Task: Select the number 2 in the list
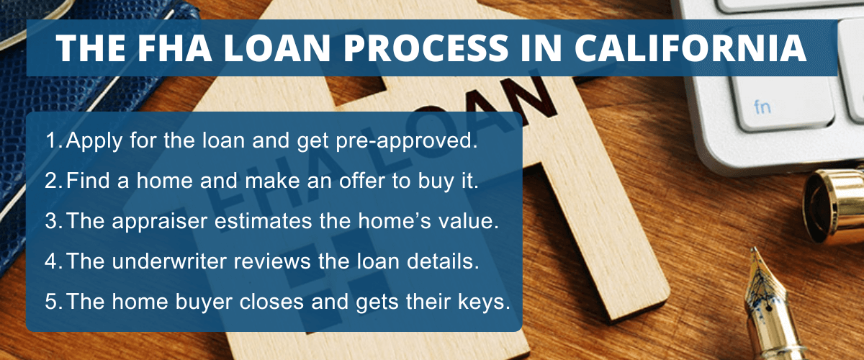(50, 181)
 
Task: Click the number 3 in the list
(50, 221)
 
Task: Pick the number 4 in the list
(50, 262)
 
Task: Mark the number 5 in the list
(50, 302)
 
